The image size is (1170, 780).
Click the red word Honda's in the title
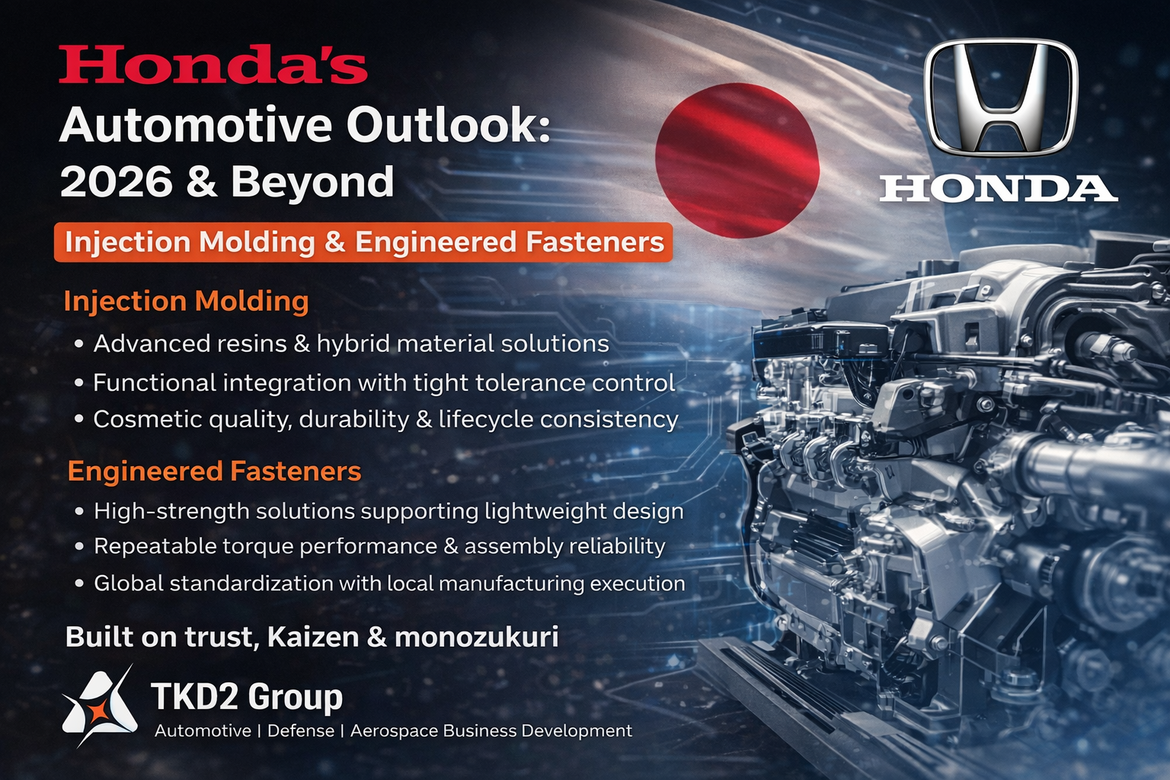(213, 64)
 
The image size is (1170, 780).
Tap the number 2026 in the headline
(116, 181)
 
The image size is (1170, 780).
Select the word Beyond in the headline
(312, 181)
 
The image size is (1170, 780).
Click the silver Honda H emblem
(1000, 97)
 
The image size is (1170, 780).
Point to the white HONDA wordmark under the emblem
(998, 189)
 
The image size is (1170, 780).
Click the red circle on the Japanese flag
(737, 161)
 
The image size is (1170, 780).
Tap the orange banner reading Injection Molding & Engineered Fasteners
(363, 242)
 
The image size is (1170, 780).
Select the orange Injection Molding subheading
(186, 302)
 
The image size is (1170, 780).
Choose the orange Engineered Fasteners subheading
(214, 471)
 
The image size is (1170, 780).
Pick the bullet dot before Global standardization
(79, 583)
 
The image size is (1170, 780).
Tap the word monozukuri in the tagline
(476, 638)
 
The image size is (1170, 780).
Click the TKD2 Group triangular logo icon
(99, 706)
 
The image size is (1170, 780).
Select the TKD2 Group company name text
(247, 697)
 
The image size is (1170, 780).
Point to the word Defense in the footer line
(301, 730)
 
